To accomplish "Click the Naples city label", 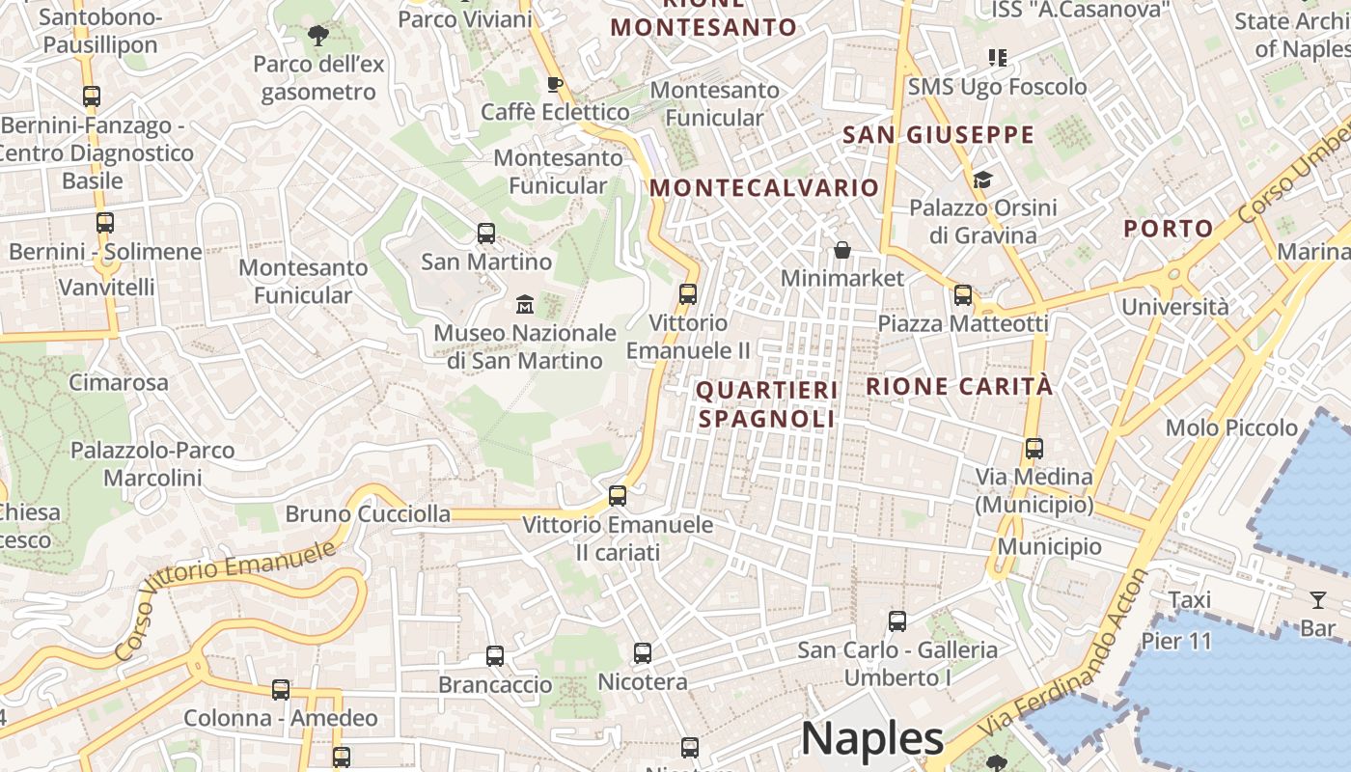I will tap(871, 738).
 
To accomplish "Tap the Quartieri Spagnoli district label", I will tap(766, 404).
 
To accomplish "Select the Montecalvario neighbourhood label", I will tap(764, 187).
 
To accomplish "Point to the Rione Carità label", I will tap(959, 387).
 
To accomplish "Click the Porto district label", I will tap(1168, 229).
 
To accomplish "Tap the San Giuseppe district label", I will tap(938, 135).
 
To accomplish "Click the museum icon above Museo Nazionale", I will tap(525, 304).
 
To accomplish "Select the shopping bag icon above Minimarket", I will tap(842, 250).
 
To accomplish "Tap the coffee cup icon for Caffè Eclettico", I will tap(555, 84).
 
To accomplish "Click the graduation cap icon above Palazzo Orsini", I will tap(982, 179).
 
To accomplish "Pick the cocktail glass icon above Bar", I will tap(1318, 600).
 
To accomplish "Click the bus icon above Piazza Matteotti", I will tap(962, 295).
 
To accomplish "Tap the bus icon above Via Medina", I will tap(1034, 448).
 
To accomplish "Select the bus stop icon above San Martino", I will tap(486, 233).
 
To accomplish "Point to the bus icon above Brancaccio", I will tap(495, 656).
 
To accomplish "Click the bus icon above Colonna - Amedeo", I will tap(281, 690).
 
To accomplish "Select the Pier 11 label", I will tap(1176, 641).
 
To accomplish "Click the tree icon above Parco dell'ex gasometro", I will tap(318, 37).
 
